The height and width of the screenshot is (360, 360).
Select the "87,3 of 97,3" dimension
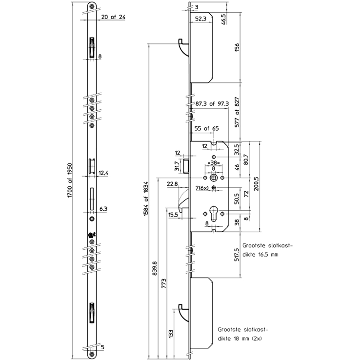coord(211,103)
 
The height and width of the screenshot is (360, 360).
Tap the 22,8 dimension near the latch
coord(172,184)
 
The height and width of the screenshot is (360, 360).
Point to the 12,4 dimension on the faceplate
coord(103,173)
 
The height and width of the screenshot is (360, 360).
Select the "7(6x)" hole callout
coord(202,188)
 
